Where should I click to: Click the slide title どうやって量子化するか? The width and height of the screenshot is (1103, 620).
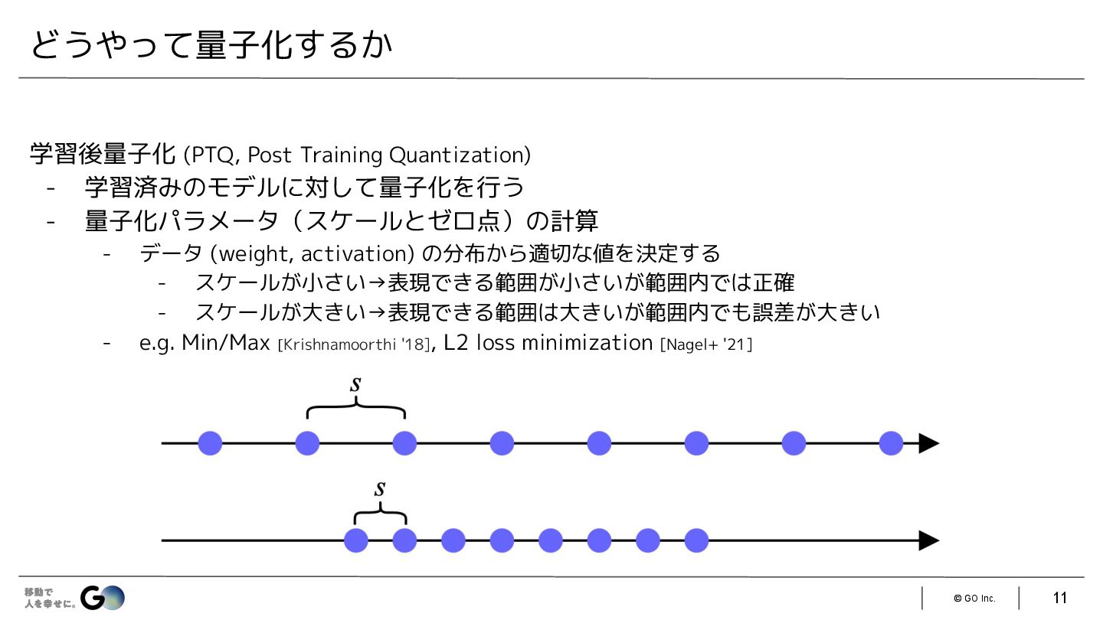[x=211, y=45]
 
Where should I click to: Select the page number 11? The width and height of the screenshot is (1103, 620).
[x=1060, y=598]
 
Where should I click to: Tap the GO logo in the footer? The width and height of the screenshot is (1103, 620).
[x=103, y=597]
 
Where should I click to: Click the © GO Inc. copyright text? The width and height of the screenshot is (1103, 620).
[x=974, y=598]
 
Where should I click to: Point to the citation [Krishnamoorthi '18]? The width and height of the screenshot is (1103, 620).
[x=353, y=345]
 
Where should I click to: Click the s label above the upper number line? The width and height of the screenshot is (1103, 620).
[x=355, y=385]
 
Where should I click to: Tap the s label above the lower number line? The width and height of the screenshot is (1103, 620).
[x=380, y=488]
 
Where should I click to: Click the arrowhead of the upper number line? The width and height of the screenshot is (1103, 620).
[x=928, y=443]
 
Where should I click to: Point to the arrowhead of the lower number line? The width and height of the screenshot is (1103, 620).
[x=928, y=540]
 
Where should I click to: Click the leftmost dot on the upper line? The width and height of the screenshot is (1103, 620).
[x=210, y=443]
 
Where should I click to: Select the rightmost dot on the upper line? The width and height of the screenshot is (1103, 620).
[x=891, y=443]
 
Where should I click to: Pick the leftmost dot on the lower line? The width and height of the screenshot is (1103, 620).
[x=355, y=540]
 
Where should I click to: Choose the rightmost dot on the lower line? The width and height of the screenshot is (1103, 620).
[x=696, y=540]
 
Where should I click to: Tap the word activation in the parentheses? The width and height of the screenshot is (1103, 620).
[x=353, y=253]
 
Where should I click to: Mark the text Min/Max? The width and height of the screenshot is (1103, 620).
[x=226, y=343]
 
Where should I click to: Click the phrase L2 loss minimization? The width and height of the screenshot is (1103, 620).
[x=548, y=343]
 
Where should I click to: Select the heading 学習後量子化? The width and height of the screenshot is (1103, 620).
[x=103, y=154]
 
